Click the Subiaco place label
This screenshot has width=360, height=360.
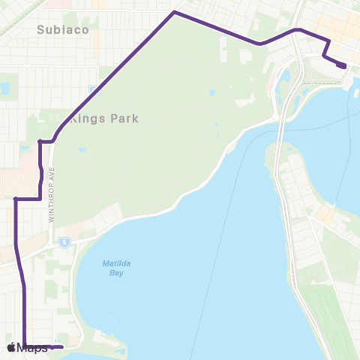point(63,30)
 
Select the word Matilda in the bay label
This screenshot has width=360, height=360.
point(114,263)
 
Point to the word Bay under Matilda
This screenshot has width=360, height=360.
point(115,273)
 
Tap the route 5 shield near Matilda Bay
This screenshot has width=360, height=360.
point(65,241)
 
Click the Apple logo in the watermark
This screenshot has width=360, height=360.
point(11,347)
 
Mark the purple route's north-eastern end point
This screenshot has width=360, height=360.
point(343,66)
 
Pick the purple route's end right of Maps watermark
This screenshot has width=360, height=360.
point(60,347)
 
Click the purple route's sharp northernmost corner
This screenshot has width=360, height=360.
point(174,12)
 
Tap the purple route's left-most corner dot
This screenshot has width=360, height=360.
point(16,199)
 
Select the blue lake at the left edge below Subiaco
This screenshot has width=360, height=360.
point(4,88)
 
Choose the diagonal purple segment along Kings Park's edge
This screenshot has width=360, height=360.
point(112,75)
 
